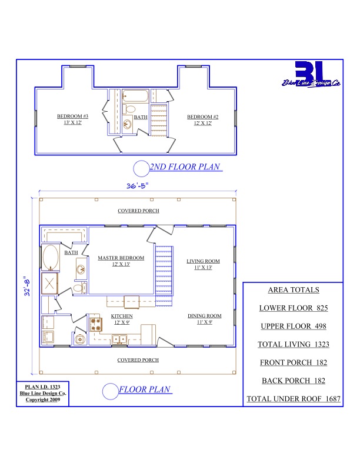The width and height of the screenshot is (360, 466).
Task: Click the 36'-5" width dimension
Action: point(137,186)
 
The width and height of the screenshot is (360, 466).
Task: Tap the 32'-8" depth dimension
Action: point(27,286)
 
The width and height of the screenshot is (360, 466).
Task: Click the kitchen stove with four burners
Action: point(96,324)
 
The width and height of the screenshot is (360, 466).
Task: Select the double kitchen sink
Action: point(119,339)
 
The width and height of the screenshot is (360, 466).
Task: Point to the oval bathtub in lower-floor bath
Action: point(51,257)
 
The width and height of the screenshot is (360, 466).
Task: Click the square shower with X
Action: point(49,283)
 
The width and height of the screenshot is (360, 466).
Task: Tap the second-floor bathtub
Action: point(135,96)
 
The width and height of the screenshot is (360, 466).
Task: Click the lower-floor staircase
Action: point(164,276)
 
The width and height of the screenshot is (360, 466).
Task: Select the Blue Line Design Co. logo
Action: point(311,74)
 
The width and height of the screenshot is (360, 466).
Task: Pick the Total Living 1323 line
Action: point(294,344)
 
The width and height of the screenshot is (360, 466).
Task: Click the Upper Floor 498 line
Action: point(294,326)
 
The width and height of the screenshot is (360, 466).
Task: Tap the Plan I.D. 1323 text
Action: point(42,387)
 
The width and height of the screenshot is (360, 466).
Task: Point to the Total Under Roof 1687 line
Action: point(294,399)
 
